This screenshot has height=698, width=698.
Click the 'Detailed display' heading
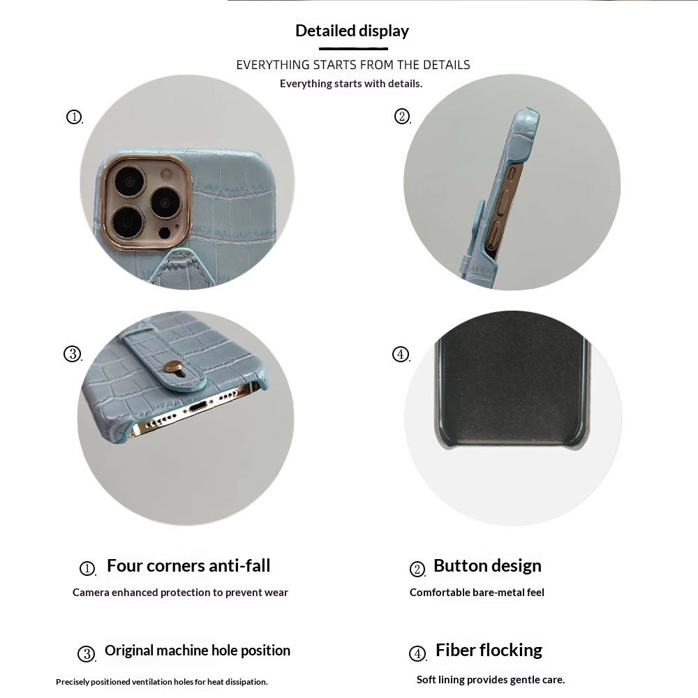(x=352, y=31)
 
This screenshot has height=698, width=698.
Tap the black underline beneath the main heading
(x=353, y=49)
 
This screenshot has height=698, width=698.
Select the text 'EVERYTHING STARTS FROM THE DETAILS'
(x=353, y=65)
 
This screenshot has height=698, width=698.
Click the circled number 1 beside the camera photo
(x=74, y=117)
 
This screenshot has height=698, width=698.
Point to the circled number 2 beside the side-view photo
(x=402, y=117)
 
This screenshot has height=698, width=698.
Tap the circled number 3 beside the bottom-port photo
(x=73, y=354)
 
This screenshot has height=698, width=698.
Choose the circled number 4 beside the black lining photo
(x=401, y=355)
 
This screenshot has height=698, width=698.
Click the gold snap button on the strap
(x=172, y=367)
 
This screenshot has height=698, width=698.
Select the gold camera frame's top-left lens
(x=131, y=181)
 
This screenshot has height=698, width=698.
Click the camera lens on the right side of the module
(x=165, y=202)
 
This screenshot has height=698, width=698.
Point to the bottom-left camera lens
(x=127, y=221)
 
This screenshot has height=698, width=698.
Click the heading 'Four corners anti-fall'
(x=188, y=566)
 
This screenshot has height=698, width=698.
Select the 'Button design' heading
(x=487, y=566)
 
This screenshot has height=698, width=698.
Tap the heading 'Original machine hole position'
(x=198, y=651)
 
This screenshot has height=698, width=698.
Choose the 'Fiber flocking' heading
(x=489, y=651)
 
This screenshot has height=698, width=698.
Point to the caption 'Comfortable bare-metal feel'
(x=477, y=593)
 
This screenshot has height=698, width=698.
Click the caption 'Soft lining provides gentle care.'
(x=491, y=680)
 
